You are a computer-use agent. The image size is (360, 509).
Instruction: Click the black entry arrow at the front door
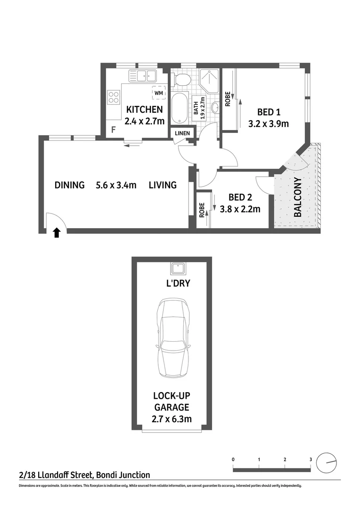pos(57,232)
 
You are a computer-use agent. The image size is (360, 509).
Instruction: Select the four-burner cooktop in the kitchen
pos(114,97)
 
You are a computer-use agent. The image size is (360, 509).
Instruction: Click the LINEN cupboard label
pos(182,133)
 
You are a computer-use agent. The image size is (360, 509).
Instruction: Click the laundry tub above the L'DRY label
pos(179,269)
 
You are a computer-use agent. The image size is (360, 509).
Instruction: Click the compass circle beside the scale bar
pos(327,463)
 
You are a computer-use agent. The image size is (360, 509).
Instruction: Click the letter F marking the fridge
pos(113,130)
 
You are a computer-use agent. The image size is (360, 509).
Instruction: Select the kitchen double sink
pos(143,75)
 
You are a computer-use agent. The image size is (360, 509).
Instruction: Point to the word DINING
pos(69,185)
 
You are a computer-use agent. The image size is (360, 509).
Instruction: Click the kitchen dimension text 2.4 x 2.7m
pos(144,121)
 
